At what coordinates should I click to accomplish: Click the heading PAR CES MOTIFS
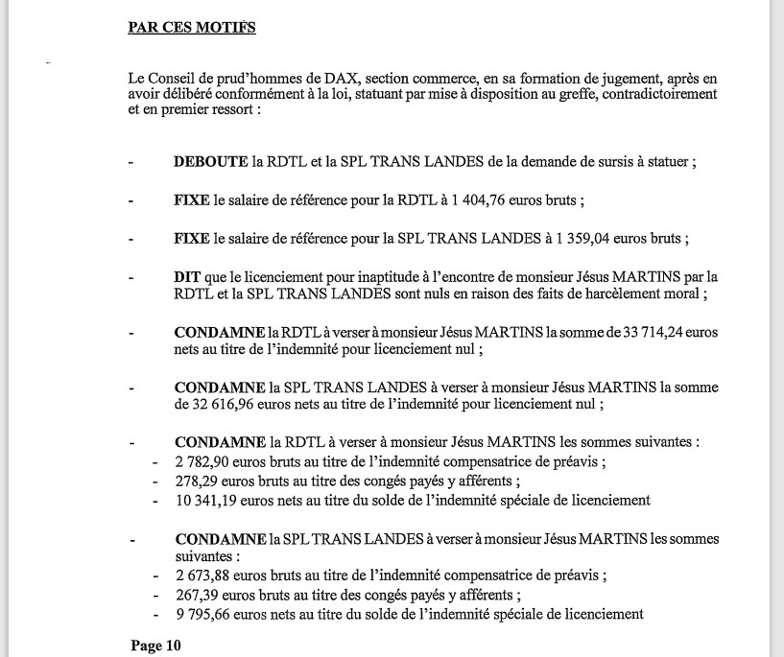tap(192, 27)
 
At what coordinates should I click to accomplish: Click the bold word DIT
tap(186, 276)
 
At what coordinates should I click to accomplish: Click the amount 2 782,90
tap(204, 462)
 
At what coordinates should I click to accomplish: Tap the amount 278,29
tap(197, 481)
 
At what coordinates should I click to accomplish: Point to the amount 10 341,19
tap(208, 500)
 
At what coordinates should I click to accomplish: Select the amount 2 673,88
tap(204, 575)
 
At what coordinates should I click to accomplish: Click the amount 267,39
tap(197, 595)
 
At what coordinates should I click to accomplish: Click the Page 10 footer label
tap(155, 645)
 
